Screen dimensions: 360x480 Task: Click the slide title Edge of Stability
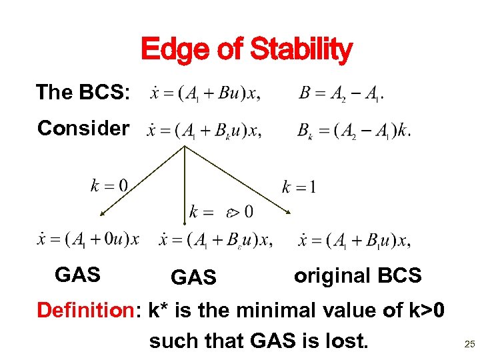pos(246,49)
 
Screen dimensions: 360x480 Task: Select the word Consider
pos(83,128)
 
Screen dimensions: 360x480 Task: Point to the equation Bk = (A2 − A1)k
pos(353,131)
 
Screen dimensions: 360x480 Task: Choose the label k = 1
pos(298,187)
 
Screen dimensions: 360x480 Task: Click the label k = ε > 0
pos(221,213)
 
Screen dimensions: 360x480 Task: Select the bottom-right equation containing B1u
pos(355,240)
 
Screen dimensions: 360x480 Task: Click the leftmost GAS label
pos(77,274)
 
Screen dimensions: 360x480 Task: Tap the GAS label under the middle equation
pos(193,277)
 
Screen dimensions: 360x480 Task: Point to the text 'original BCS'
pos(357,275)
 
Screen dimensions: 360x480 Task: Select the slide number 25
pos(469,344)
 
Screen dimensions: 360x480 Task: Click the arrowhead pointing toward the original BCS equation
pos(287,211)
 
